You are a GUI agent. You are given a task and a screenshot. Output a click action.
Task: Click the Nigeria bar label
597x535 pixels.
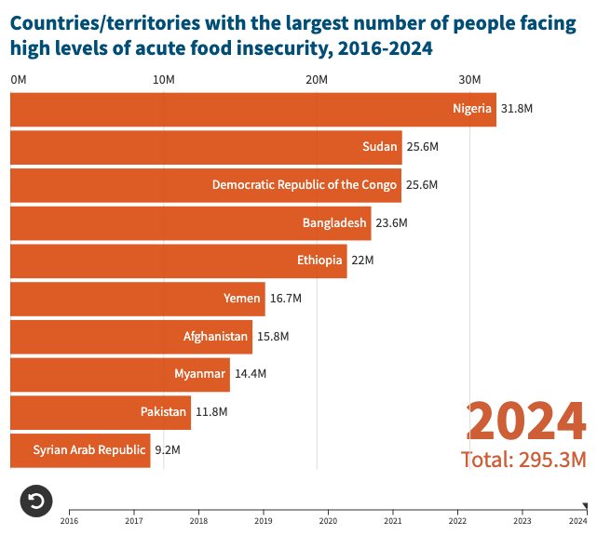coord(472,108)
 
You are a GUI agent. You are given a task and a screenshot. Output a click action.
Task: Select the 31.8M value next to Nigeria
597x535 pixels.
coord(517,109)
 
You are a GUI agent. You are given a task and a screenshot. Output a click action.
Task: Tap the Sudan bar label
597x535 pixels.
coord(380,146)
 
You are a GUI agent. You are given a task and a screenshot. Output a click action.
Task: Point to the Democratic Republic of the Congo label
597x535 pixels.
coord(305,184)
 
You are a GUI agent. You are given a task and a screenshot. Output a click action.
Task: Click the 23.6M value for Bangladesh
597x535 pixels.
coord(392,223)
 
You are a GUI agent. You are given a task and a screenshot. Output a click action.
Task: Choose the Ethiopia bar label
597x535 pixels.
coord(319,260)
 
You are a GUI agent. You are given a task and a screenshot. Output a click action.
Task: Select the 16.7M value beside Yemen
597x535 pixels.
coord(286,299)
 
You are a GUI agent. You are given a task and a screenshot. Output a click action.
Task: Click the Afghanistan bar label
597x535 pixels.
coord(216,336)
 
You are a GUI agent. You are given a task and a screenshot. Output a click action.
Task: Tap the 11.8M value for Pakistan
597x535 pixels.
coord(211,412)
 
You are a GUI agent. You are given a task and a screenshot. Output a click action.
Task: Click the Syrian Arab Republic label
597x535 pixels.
coord(89,449)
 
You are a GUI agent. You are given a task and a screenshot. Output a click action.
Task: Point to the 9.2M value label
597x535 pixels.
coord(167,450)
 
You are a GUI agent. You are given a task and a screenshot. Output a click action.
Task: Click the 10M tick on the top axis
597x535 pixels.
coord(164,80)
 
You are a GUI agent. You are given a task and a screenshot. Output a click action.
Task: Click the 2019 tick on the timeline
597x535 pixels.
coord(264,520)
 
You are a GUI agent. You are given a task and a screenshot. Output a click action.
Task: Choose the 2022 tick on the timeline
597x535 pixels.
coord(457,520)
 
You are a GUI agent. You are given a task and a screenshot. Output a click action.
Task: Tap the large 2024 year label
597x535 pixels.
coord(526,421)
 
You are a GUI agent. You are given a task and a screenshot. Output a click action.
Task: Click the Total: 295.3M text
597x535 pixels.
coord(523,460)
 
